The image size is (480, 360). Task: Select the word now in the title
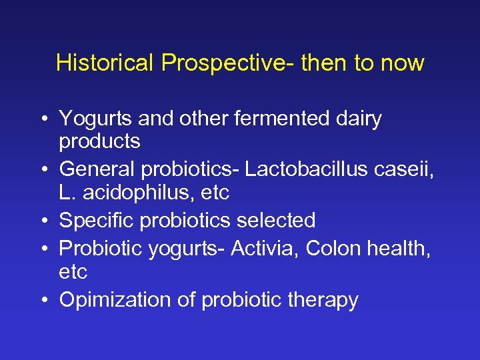pyautogui.click(x=402, y=64)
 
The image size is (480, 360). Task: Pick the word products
pyautogui.click(x=99, y=142)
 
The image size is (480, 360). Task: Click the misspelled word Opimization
pyautogui.click(x=116, y=301)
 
